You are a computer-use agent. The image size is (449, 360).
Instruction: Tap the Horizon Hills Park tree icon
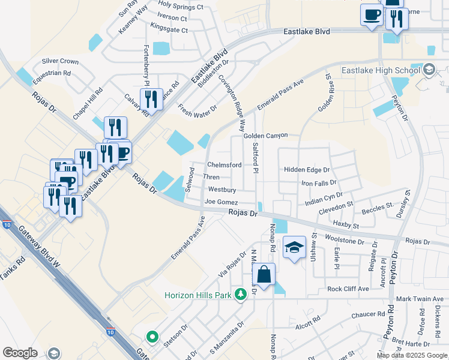(241, 294)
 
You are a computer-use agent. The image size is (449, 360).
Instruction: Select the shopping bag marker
(264, 275)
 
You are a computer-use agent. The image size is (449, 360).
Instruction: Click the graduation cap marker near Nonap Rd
(294, 247)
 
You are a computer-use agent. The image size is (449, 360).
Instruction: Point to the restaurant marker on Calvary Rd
(151, 98)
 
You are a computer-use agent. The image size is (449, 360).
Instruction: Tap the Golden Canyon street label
(266, 136)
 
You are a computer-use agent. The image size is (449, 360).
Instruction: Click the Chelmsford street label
(224, 165)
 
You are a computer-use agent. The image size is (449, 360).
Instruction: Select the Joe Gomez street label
(221, 203)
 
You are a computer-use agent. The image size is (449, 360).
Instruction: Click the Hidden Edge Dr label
(307, 170)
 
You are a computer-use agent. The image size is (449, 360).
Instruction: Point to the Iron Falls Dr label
(319, 183)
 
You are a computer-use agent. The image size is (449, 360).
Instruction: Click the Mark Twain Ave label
(422, 299)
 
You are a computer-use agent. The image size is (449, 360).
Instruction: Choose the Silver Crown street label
(60, 61)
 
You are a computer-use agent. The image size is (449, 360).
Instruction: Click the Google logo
(20, 353)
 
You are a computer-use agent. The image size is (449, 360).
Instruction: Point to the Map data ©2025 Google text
(411, 355)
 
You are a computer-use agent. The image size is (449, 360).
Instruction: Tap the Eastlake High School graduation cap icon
(429, 70)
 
